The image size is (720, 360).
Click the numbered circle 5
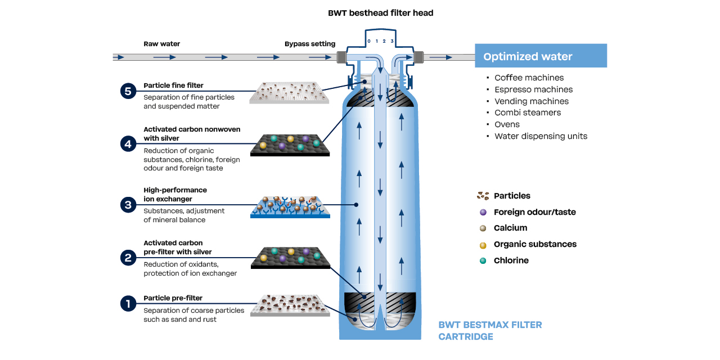coord(128,91)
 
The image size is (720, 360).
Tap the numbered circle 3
coord(128,205)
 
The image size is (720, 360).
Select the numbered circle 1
coord(128,304)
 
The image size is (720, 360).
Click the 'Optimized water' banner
coord(541,56)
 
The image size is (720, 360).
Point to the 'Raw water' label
coord(162,44)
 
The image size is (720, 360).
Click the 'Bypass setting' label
coord(309,44)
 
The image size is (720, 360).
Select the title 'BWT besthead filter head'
coord(380,13)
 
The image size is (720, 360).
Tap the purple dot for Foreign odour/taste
coord(483,212)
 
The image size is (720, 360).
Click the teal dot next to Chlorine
coord(483,260)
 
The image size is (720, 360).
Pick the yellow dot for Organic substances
coord(483,244)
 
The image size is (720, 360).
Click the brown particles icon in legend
coord(483,196)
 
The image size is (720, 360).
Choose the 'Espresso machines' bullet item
coord(533,89)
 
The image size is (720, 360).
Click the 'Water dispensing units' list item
coord(541,136)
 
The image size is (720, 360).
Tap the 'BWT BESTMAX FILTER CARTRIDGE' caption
coord(490,331)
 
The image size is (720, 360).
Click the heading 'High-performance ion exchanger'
coord(175,195)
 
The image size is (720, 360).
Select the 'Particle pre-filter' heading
coord(173,298)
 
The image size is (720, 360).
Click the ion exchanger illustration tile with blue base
coord(290,207)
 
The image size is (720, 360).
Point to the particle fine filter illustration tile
coord(289,92)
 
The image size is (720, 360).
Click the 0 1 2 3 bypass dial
coord(380,42)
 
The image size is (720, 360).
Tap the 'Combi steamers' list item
coord(528,112)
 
